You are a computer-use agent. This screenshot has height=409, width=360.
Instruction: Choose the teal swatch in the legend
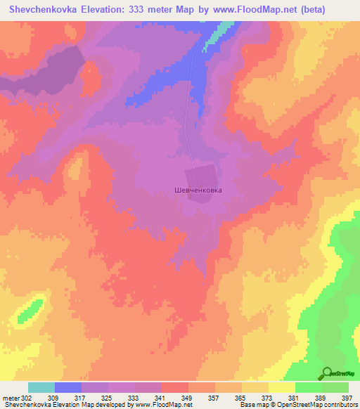point(41,387)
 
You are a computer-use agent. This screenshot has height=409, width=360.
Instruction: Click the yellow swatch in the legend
point(281,387)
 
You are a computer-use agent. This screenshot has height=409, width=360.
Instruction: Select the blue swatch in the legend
point(67,387)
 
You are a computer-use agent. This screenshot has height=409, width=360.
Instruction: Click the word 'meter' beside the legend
point(8,398)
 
